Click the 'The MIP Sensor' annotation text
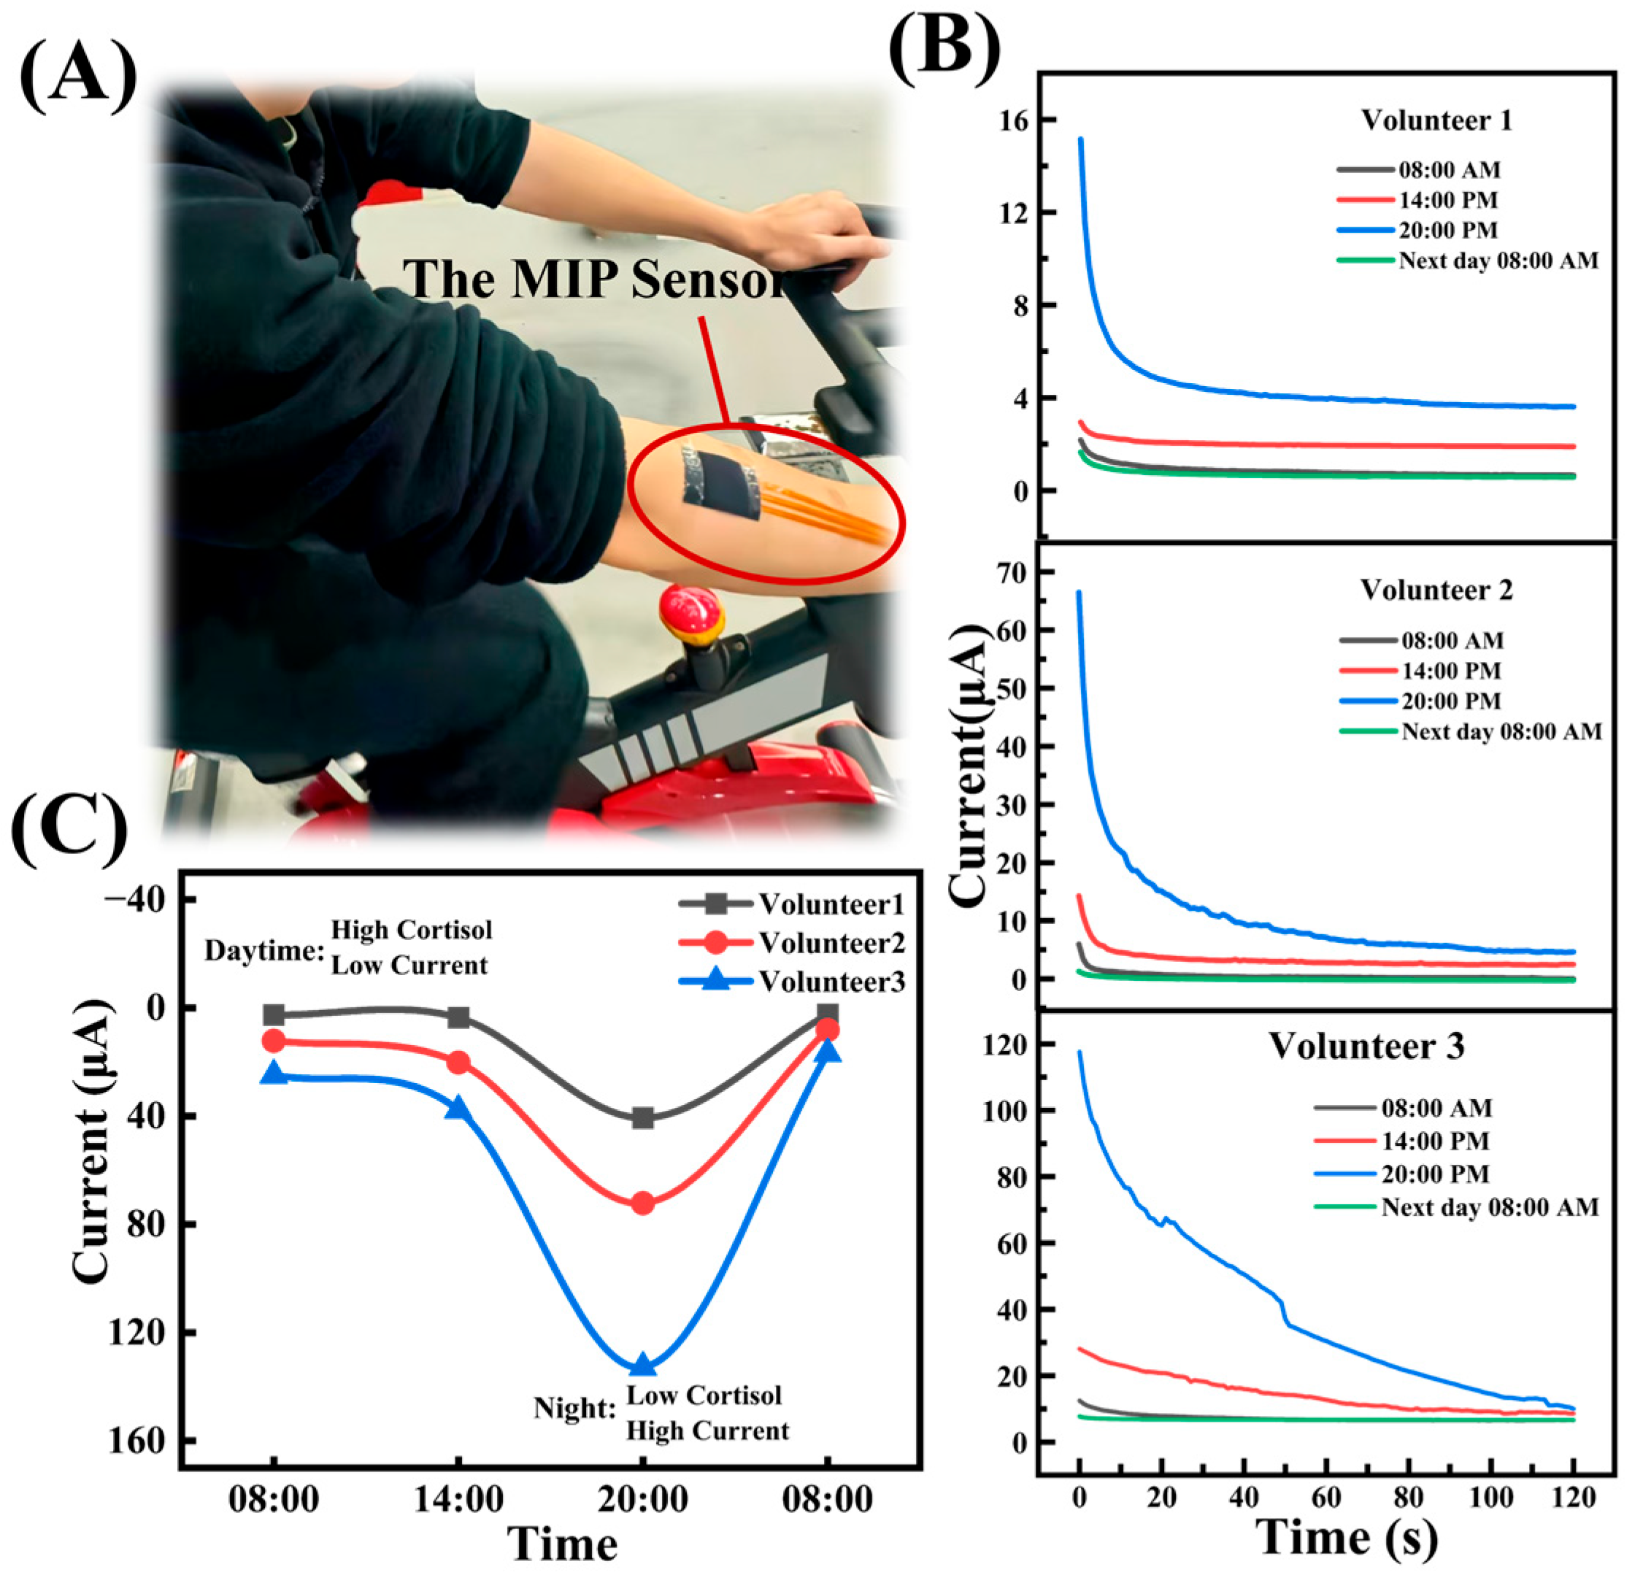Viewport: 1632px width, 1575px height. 596,279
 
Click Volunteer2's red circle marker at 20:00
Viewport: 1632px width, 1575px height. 643,1203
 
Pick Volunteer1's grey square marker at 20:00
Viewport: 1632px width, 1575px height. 643,1118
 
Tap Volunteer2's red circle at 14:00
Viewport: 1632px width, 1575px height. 458,1062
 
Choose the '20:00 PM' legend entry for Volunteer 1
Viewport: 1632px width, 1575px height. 1448,230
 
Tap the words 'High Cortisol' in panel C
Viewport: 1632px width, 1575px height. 412,930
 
